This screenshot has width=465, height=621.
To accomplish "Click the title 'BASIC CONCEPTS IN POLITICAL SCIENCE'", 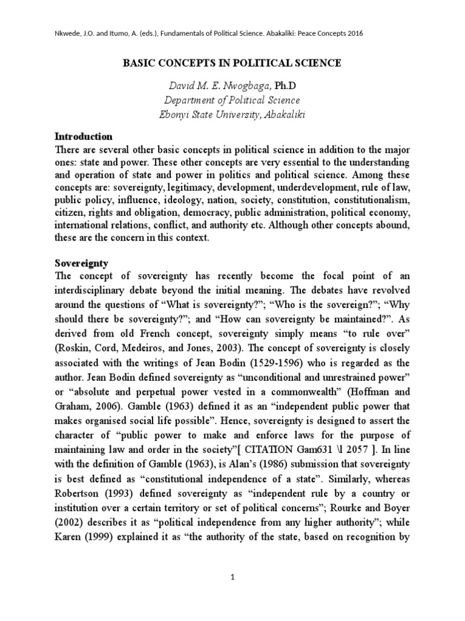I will click(232, 63).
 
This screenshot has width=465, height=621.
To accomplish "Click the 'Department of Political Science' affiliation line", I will click(232, 100).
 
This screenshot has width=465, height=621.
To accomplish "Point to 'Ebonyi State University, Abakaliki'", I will click(232, 116).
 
